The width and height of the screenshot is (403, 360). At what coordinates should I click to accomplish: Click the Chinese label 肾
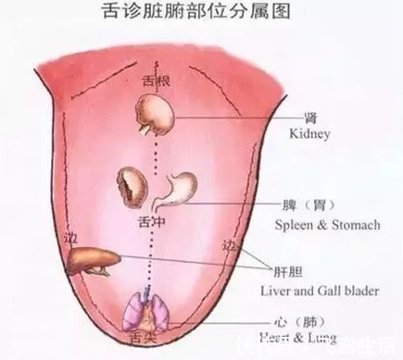(x=310, y=118)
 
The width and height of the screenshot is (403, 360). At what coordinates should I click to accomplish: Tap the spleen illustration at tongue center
(x=131, y=186)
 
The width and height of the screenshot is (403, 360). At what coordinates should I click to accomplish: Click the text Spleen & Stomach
(x=327, y=224)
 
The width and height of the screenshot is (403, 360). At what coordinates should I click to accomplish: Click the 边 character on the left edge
(x=73, y=239)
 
